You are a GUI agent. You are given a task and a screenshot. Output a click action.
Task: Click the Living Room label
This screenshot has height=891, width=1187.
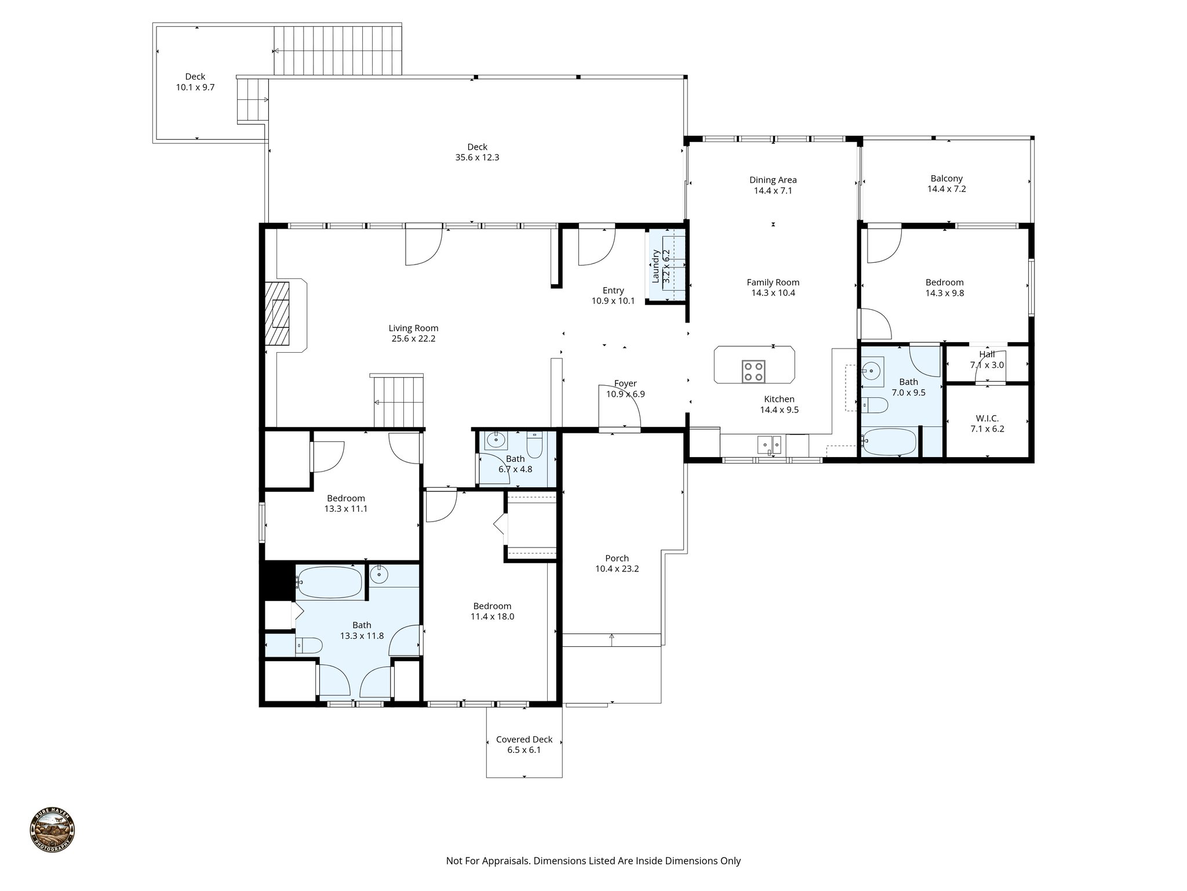413,328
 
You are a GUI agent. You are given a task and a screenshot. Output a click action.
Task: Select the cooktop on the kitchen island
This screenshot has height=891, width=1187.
753,371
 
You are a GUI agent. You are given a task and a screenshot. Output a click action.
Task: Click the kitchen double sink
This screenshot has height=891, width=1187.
770,445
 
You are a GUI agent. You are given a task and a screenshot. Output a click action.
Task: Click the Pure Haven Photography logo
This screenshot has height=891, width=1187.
52,830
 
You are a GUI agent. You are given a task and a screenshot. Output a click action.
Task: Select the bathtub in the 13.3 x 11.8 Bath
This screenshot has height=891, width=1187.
330,582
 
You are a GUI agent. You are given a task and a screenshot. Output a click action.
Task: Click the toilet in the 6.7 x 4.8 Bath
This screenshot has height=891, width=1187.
534,445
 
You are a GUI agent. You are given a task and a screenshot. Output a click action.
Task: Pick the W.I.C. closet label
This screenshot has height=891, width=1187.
986,418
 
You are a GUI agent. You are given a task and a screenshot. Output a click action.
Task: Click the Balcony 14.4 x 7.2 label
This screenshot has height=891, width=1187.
946,179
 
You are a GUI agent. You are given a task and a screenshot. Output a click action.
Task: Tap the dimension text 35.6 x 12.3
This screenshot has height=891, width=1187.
477,157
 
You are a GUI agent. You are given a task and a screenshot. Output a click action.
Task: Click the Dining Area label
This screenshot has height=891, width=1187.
773,180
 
